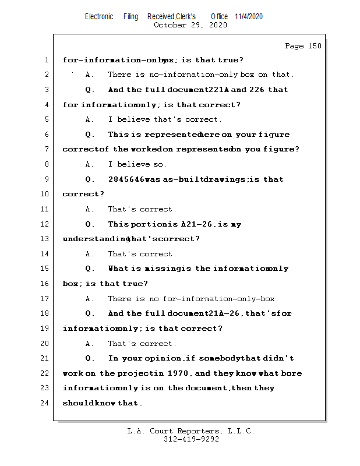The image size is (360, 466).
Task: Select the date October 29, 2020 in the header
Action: coord(190,25)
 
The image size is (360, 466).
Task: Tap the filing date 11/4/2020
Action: coord(249,16)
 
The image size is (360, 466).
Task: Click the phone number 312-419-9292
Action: coord(191,440)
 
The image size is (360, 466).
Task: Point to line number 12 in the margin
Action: coord(46,224)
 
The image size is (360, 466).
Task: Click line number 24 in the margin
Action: coord(46,403)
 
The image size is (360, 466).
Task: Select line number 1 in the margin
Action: coord(46,60)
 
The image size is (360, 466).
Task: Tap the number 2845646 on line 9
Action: coord(126,179)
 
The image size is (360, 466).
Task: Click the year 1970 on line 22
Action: coord(179,373)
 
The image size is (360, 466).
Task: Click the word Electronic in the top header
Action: coord(99,16)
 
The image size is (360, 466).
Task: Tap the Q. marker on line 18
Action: coord(90,313)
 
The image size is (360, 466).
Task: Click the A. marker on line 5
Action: coord(90,119)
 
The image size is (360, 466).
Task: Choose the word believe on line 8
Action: coord(133,164)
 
